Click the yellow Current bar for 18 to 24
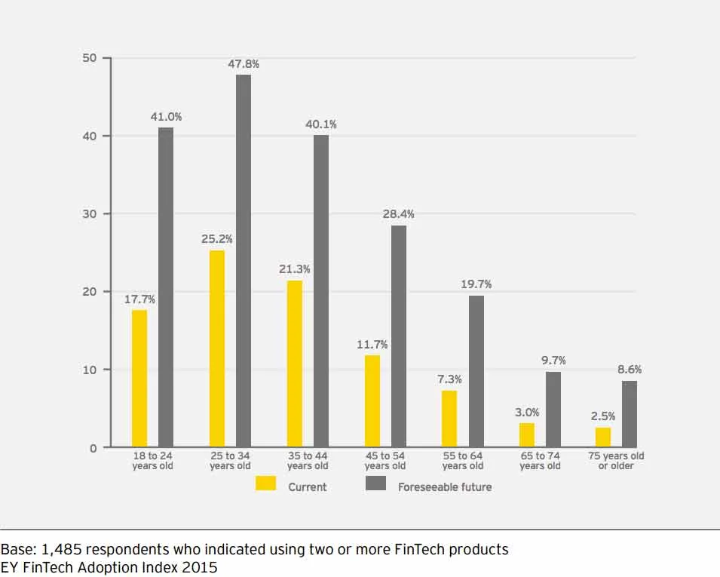tap(139, 379)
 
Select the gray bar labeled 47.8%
tap(244, 261)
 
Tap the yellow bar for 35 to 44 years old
tap(295, 364)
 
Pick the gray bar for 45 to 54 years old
tap(399, 336)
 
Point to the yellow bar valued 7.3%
tap(449, 419)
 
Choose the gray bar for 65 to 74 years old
tap(553, 410)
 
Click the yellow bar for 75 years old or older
tap(603, 437)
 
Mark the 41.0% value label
tap(166, 117)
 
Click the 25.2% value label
tap(217, 239)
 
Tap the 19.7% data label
tap(476, 284)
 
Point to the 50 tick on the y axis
tap(89, 58)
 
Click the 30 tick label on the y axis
tap(89, 214)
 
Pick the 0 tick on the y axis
tap(93, 448)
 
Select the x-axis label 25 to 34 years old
tap(230, 461)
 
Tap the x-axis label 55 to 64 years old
tap(463, 461)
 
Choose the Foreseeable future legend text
tap(445, 487)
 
